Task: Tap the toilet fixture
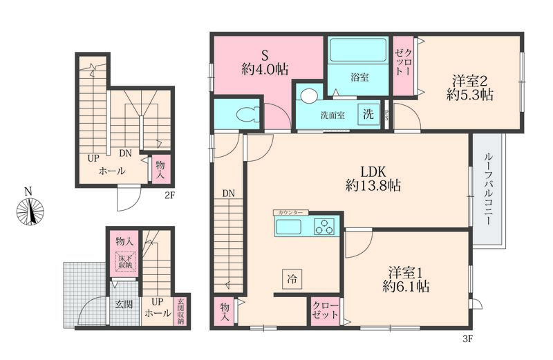(247, 114)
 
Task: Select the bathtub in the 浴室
(358, 50)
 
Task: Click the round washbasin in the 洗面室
(309, 95)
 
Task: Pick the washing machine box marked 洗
(368, 114)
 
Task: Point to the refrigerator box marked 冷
(292, 280)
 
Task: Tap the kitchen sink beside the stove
(288, 227)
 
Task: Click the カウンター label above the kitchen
(290, 213)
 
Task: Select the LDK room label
(373, 172)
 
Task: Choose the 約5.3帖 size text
(470, 95)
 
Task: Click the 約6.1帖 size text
(406, 286)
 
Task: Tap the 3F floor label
(467, 339)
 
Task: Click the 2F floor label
(169, 195)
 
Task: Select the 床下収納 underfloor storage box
(125, 261)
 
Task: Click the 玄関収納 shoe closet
(181, 312)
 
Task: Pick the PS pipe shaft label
(386, 115)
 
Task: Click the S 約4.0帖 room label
(265, 62)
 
